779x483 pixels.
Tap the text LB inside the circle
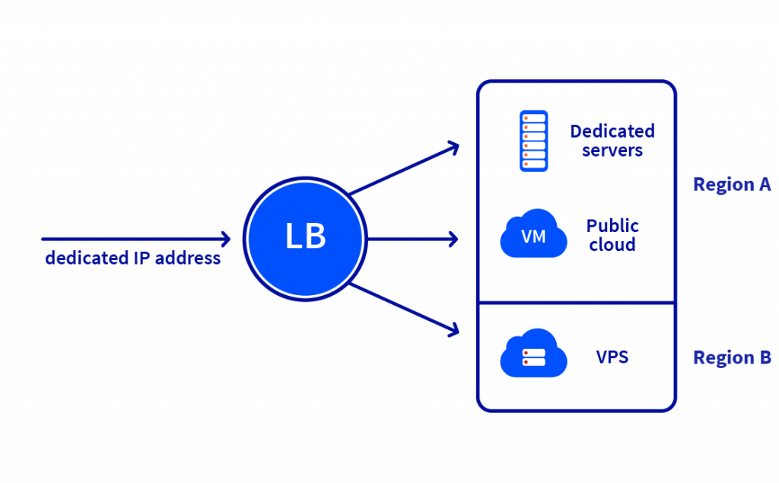(x=306, y=237)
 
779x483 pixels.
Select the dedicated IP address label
(x=133, y=259)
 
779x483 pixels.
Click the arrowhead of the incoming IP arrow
(x=224, y=239)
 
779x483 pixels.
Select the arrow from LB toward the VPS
(x=407, y=308)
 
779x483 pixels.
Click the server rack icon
(x=533, y=141)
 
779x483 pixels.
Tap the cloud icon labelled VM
(x=534, y=234)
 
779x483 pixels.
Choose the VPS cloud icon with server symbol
(x=534, y=354)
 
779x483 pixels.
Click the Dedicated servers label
(x=612, y=141)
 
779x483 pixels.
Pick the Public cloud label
(x=612, y=235)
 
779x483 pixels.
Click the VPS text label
(x=612, y=355)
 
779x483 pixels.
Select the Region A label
(x=732, y=185)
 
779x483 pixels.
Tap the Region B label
(x=732, y=357)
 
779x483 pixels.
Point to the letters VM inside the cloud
(x=533, y=237)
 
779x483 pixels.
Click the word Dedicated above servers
(x=612, y=132)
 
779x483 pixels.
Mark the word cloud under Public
(x=612, y=245)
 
